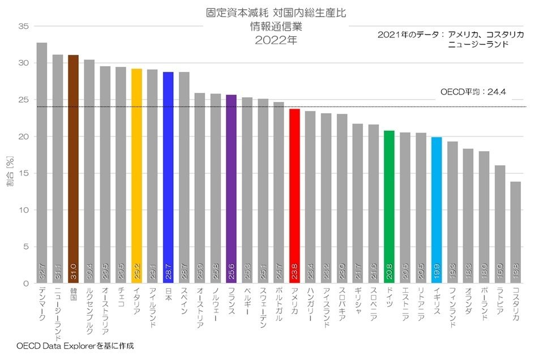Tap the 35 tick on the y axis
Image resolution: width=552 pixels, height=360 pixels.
click(23, 27)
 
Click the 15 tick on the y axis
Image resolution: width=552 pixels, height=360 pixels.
click(23, 173)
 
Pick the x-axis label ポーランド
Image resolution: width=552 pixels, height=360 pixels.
click(483, 307)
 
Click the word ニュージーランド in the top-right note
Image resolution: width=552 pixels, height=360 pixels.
click(477, 44)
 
